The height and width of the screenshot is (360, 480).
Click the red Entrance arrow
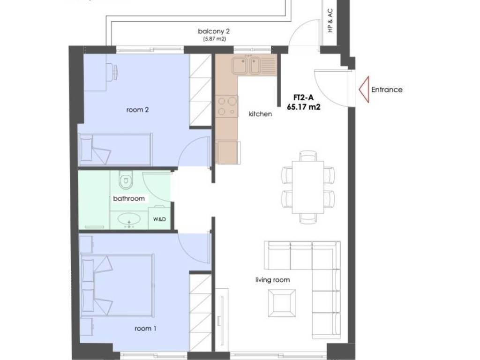[364, 90]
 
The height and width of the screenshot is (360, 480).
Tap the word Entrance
[387, 90]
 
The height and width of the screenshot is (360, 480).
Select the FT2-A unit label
[303, 97]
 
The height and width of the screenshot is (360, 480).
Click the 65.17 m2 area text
[304, 107]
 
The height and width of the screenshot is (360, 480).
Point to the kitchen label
[260, 114]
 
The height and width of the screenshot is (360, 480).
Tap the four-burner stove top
[226, 106]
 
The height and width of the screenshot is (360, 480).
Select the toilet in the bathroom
[126, 180]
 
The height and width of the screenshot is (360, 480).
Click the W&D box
[159, 218]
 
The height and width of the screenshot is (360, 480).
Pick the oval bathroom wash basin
[129, 219]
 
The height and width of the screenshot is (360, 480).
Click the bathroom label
[129, 198]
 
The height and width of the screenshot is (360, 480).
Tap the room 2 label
[137, 110]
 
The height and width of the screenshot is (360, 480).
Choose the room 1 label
[145, 329]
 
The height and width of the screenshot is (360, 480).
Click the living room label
[272, 280]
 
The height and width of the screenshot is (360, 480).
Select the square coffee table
[282, 303]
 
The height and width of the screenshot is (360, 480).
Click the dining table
[308, 187]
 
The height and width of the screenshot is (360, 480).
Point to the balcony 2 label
[214, 31]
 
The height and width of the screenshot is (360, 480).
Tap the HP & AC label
[330, 21]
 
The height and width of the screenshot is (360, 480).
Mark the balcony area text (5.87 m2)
[215, 39]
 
